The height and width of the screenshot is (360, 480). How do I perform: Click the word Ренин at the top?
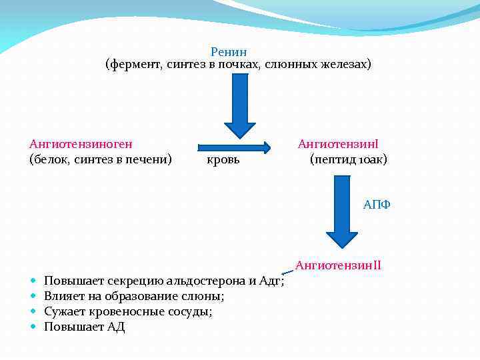point(229,51)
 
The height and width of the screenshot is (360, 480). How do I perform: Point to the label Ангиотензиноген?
point(81,143)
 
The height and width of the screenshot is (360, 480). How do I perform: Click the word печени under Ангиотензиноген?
point(149,159)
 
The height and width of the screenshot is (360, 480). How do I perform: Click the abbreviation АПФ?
point(377,205)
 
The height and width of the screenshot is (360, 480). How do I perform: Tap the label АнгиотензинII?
point(338,265)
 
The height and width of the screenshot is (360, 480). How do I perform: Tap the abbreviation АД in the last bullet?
point(116,327)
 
